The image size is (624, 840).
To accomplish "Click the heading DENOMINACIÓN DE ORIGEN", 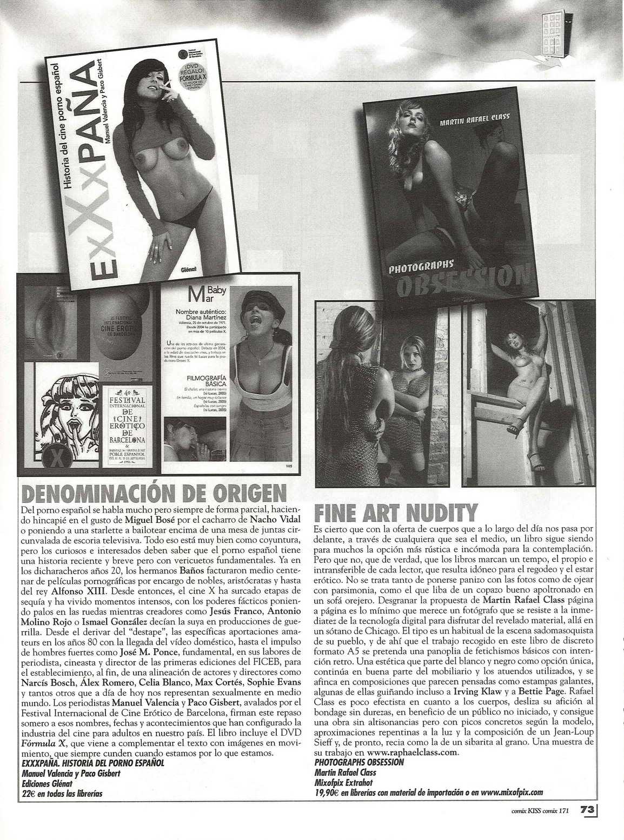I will [152, 493].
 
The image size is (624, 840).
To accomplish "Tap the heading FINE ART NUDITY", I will [396, 513].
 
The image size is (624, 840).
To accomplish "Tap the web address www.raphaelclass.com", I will [413, 751].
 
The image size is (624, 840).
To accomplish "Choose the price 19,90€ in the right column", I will [327, 792].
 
